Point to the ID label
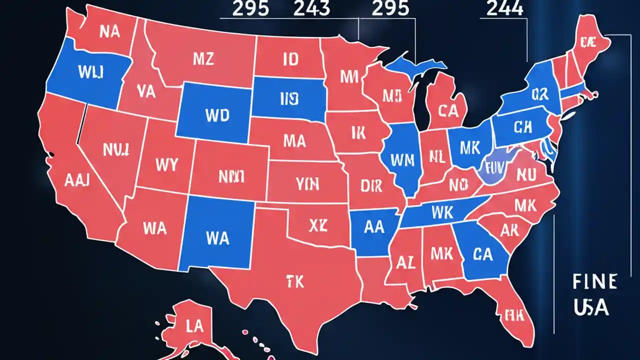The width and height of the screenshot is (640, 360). pos(290,60)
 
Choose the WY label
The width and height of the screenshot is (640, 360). pos(166,164)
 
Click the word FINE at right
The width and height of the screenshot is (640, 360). pos(594,281)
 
